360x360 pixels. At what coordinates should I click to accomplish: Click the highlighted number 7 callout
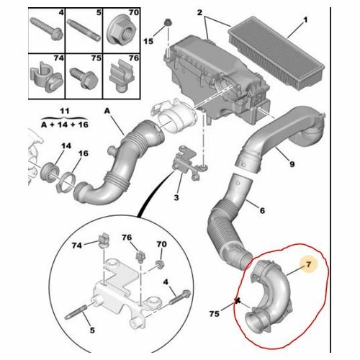(x=309, y=264)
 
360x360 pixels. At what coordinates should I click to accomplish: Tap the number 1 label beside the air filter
(x=305, y=20)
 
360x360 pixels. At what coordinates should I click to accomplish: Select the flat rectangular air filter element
(x=276, y=50)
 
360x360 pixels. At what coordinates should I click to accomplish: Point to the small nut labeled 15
(x=167, y=23)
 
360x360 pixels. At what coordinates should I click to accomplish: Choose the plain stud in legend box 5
(x=84, y=30)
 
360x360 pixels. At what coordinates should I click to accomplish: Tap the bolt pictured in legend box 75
(x=84, y=77)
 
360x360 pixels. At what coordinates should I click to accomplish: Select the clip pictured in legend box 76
(x=121, y=76)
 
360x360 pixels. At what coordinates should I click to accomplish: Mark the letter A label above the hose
(x=107, y=111)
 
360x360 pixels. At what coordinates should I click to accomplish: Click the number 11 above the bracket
(x=64, y=111)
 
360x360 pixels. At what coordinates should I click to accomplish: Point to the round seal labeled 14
(x=50, y=174)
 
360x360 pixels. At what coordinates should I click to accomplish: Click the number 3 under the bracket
(x=176, y=197)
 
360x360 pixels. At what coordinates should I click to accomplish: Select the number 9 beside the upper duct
(x=292, y=164)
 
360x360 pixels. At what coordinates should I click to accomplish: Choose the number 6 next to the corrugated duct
(x=262, y=210)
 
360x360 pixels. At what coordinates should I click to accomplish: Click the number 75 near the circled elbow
(x=215, y=314)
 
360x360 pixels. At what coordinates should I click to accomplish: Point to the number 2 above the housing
(x=199, y=12)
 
